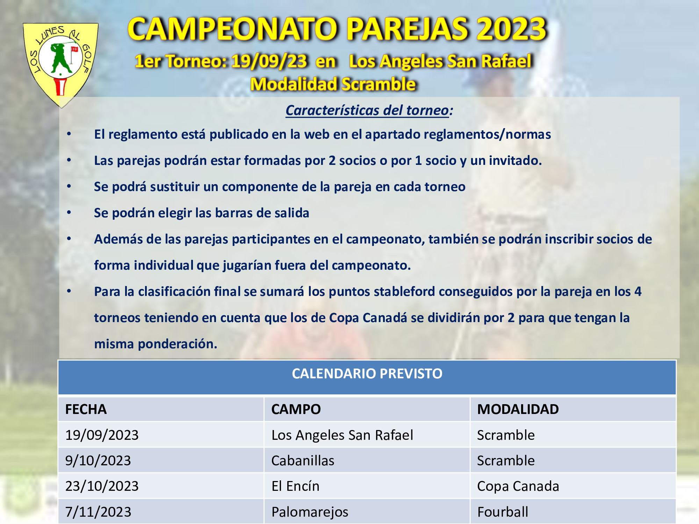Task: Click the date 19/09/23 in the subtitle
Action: pos(269,61)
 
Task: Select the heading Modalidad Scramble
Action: pos(333,84)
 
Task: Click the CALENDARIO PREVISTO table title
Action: pos(367,373)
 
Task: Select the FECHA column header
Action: pos(86,409)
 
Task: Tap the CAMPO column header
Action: pos(296,409)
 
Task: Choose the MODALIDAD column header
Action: pos(518,409)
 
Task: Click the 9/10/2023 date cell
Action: pos(98,460)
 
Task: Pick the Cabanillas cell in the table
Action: pos(303,460)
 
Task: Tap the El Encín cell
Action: pos(295,486)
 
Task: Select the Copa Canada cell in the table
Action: pos(518,486)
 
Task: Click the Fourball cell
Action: pos(503,512)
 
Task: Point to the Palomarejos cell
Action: pos(310,512)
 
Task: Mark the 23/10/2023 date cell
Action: pos(102,486)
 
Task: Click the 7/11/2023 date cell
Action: pos(98,512)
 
